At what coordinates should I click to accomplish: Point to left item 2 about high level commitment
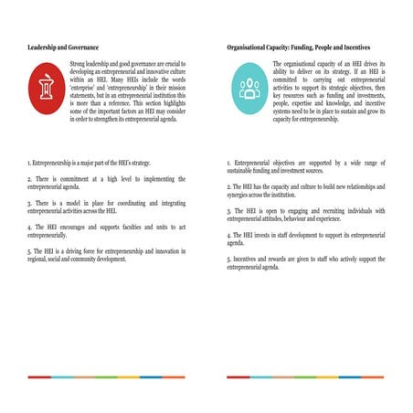(106, 183)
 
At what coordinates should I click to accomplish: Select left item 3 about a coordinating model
(106, 205)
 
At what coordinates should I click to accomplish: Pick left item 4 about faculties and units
(106, 228)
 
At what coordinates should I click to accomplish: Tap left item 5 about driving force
(106, 253)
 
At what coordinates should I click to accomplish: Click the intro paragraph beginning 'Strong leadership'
(128, 89)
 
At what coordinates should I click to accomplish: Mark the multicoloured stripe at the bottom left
(106, 376)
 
